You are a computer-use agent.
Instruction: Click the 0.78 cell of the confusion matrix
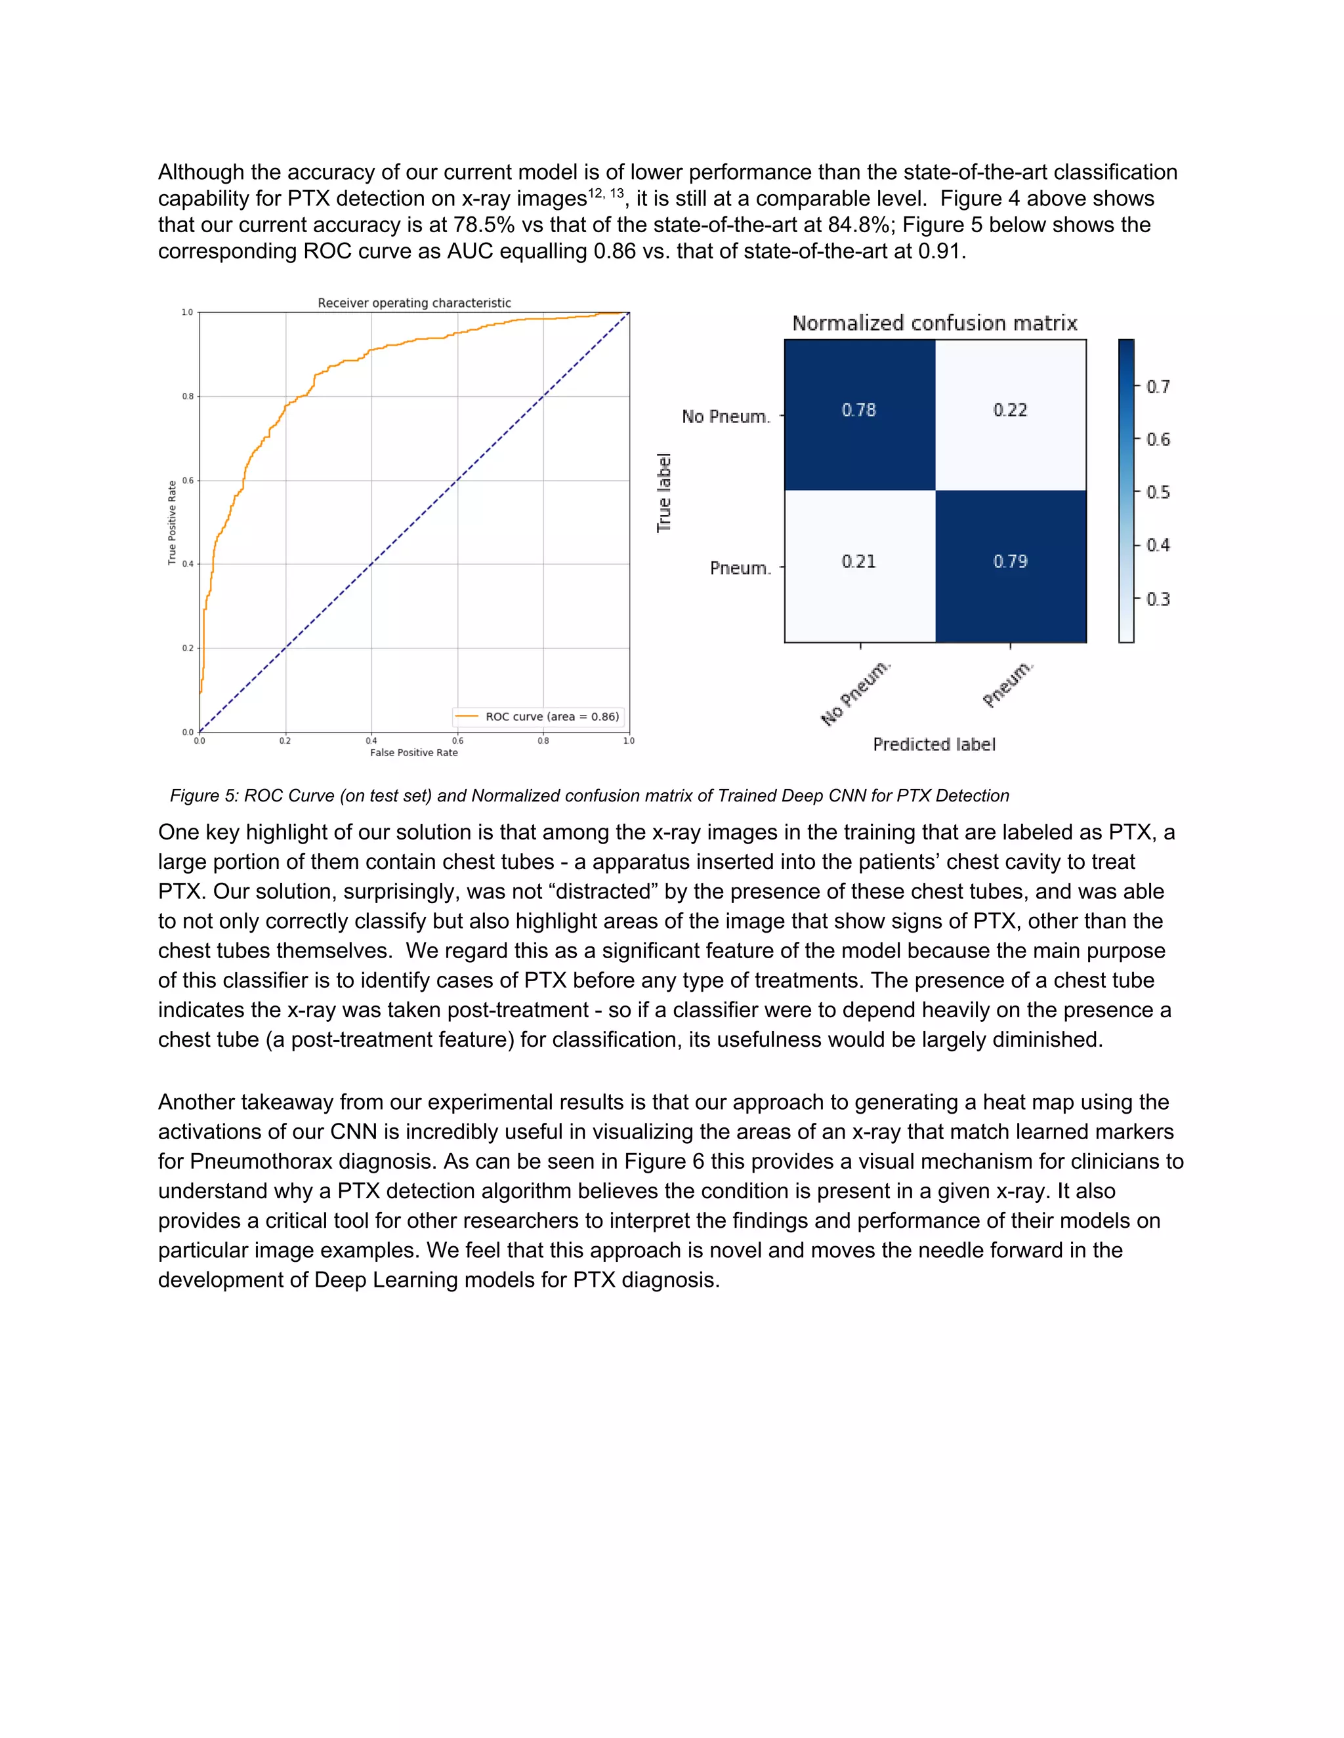click(859, 411)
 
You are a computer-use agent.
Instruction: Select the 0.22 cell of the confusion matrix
click(1009, 411)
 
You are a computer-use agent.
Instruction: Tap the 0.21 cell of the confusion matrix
click(859, 562)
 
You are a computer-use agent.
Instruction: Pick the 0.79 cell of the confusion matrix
click(1009, 562)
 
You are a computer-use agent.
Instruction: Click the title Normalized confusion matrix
click(934, 323)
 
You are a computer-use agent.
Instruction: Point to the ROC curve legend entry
click(537, 717)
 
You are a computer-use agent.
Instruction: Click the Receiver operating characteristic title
click(414, 303)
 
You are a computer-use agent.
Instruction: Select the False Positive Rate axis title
click(414, 753)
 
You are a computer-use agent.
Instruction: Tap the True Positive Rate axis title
click(172, 523)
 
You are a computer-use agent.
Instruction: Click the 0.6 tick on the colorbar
click(1158, 440)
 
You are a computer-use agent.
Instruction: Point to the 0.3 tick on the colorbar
click(1158, 599)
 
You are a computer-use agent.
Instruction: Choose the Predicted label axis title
click(934, 745)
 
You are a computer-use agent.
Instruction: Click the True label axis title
click(664, 493)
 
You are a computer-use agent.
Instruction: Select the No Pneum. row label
click(725, 417)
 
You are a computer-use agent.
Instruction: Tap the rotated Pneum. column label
click(1008, 683)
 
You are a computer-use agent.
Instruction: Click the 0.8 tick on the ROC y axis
click(188, 396)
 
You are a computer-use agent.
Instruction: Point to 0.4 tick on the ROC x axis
click(371, 741)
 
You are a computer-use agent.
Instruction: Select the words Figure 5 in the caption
click(204, 796)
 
